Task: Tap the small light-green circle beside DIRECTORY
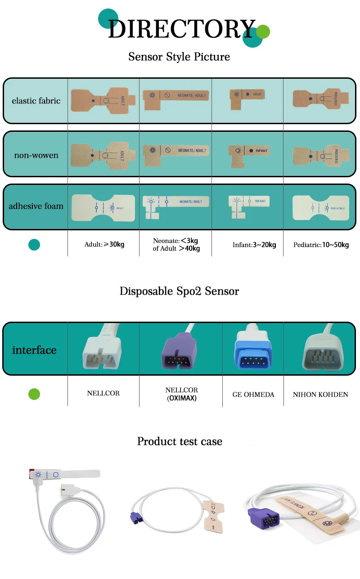(263, 31)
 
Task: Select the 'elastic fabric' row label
(36, 101)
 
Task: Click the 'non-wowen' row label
(36, 156)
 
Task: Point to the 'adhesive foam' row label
(36, 206)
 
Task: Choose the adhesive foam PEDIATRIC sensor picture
(319, 207)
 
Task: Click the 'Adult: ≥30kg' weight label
(104, 245)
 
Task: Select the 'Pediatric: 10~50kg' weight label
(321, 245)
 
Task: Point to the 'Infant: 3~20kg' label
(254, 245)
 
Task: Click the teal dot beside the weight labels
(34, 245)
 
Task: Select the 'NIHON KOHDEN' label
(320, 395)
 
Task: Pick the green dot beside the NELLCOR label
(34, 394)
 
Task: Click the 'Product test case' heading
(180, 441)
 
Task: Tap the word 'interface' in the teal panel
(34, 350)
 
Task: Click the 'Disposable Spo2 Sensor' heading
(179, 291)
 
